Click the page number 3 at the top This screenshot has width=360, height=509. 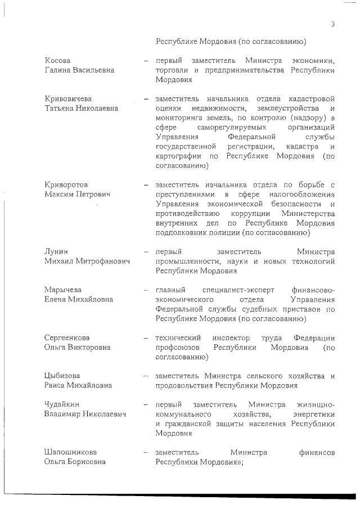332,24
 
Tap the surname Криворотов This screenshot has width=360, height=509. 66,184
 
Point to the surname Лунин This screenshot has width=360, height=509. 56,251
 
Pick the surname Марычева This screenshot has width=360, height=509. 62,290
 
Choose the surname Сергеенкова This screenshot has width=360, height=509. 67,337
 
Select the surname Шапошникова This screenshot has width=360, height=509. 70,452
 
